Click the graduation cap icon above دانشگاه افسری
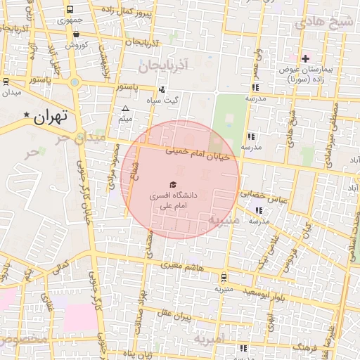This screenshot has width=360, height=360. [x=174, y=184]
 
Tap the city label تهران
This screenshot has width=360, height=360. [x=50, y=117]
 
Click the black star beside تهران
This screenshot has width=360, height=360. [x=27, y=115]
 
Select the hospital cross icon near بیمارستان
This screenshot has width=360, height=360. [x=304, y=58]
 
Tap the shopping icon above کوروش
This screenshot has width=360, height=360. [x=75, y=34]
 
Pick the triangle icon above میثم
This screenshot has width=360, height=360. [x=126, y=108]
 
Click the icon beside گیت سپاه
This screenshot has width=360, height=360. [x=162, y=89]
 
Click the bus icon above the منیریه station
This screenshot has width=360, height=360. [x=223, y=277]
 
